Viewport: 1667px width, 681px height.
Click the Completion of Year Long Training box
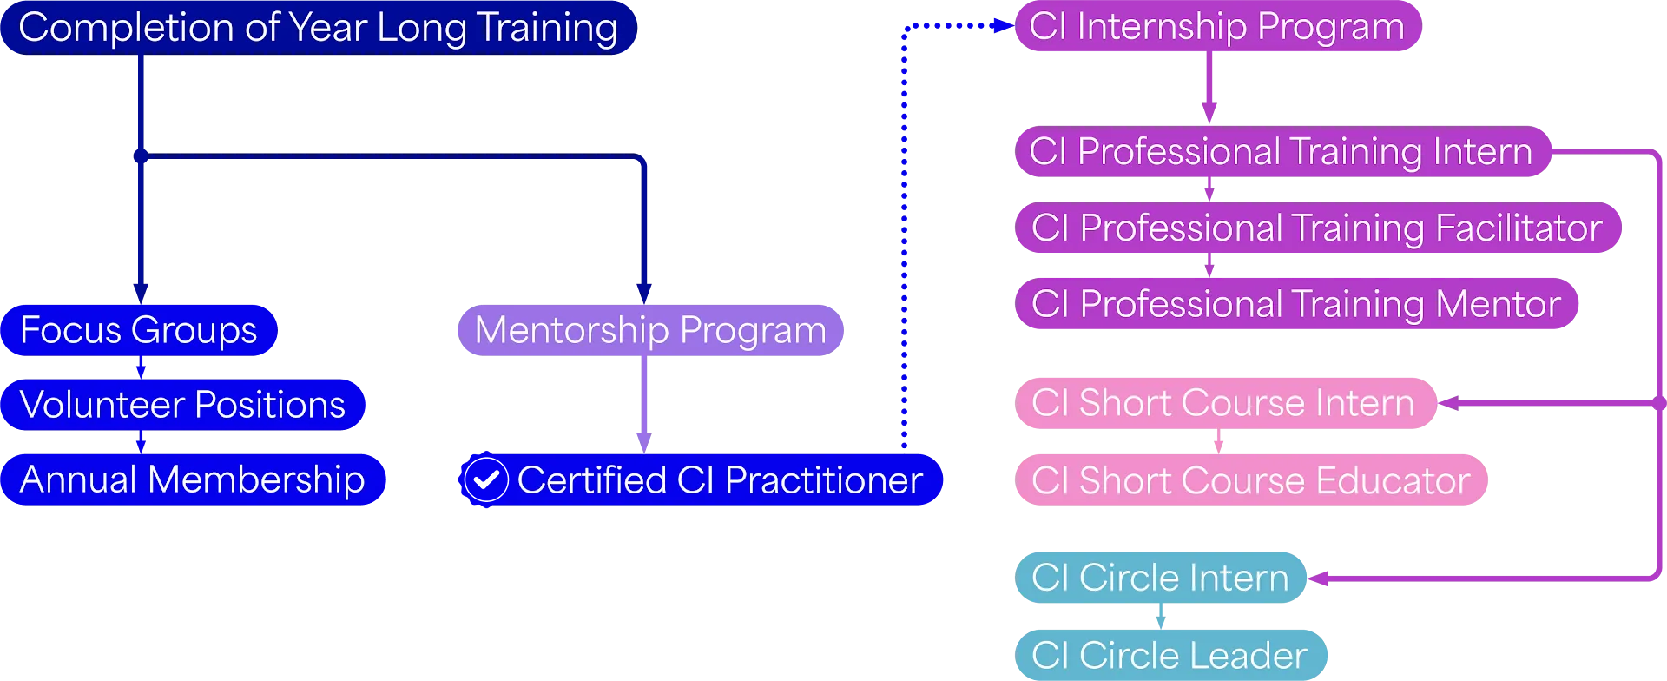318,28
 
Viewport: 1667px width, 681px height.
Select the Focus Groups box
139,330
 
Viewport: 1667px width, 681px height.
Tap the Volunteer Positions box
182,405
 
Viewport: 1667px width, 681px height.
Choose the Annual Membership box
193,479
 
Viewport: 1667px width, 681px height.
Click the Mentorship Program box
650,330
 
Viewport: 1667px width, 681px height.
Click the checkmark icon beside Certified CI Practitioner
485,479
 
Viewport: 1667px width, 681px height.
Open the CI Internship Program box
1216,27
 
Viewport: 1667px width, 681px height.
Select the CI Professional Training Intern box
1281,152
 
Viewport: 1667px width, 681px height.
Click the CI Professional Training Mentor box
1295,304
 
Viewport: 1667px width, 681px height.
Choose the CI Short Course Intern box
1223,403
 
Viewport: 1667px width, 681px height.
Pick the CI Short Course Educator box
1250,480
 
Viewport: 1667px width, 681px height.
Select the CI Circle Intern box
1160,578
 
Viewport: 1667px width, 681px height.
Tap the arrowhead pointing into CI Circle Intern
1321,579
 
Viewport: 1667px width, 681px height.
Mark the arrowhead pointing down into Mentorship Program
643,292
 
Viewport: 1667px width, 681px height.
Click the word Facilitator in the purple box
1519,228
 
